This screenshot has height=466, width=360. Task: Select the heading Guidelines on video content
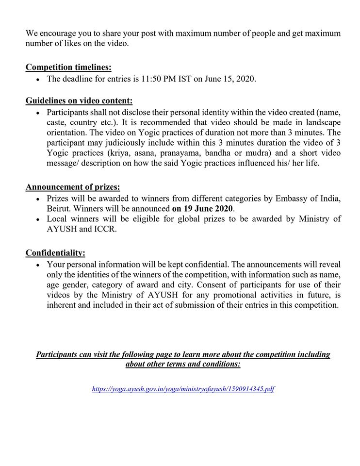click(79, 101)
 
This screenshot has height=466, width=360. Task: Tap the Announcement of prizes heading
click(73, 187)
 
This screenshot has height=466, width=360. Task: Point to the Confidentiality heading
click(55, 252)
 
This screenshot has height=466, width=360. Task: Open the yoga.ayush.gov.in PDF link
click(183, 389)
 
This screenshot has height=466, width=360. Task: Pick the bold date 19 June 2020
click(203, 209)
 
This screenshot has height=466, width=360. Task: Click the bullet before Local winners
click(38, 220)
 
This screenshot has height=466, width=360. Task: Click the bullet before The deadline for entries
click(38, 79)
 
